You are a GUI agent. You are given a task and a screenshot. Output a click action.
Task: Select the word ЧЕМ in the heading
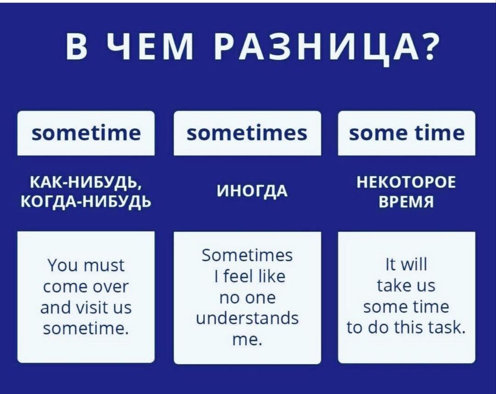point(149,46)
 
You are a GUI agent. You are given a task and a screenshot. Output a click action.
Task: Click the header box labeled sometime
point(86,133)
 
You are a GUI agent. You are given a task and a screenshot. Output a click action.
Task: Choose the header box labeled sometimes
point(248,133)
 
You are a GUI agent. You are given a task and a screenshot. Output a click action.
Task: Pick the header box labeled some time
point(407,133)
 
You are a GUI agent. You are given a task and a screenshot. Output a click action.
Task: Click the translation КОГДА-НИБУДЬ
point(86,200)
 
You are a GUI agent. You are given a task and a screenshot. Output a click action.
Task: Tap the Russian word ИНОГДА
point(252,191)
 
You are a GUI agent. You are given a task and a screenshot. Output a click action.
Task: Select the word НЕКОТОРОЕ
point(406,183)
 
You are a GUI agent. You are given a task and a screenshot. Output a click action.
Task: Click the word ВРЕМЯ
point(406,201)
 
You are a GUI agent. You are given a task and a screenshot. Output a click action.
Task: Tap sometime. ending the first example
point(86,329)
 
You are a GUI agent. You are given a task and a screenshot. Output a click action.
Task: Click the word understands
point(248,319)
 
